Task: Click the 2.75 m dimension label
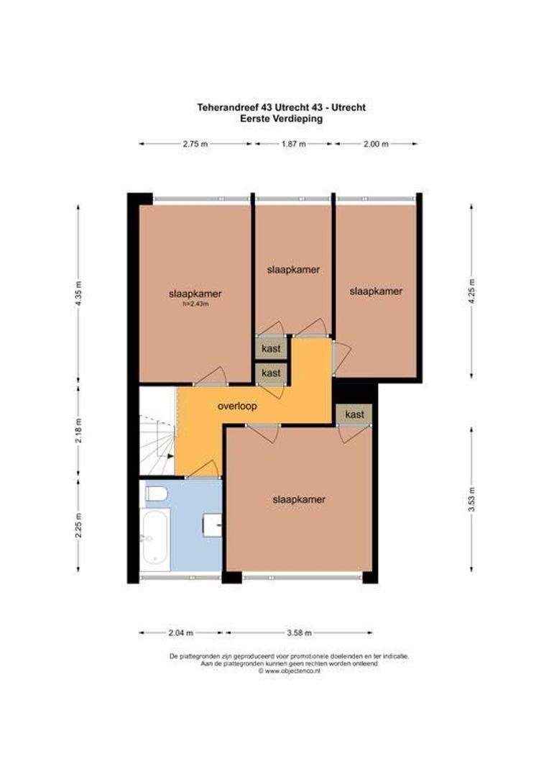(x=195, y=144)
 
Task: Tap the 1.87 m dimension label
(x=293, y=144)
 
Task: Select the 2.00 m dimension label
(x=376, y=144)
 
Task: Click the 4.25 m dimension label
(x=472, y=291)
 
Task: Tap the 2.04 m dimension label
(x=180, y=633)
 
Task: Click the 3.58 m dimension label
(x=298, y=633)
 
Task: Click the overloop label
(x=237, y=406)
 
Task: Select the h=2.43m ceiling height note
(x=195, y=304)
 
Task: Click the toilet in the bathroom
(x=155, y=493)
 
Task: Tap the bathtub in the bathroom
(x=155, y=539)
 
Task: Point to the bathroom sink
(x=213, y=525)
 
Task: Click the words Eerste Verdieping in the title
(x=281, y=119)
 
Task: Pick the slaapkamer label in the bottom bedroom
(x=299, y=499)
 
